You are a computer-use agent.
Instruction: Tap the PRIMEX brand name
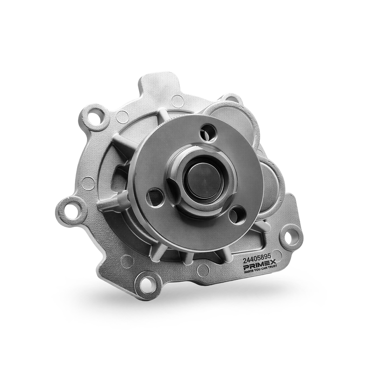pyautogui.click(x=260, y=265)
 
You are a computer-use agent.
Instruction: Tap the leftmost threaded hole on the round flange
pyautogui.click(x=156, y=197)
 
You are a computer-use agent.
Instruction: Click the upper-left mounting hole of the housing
pyautogui.click(x=95, y=117)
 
